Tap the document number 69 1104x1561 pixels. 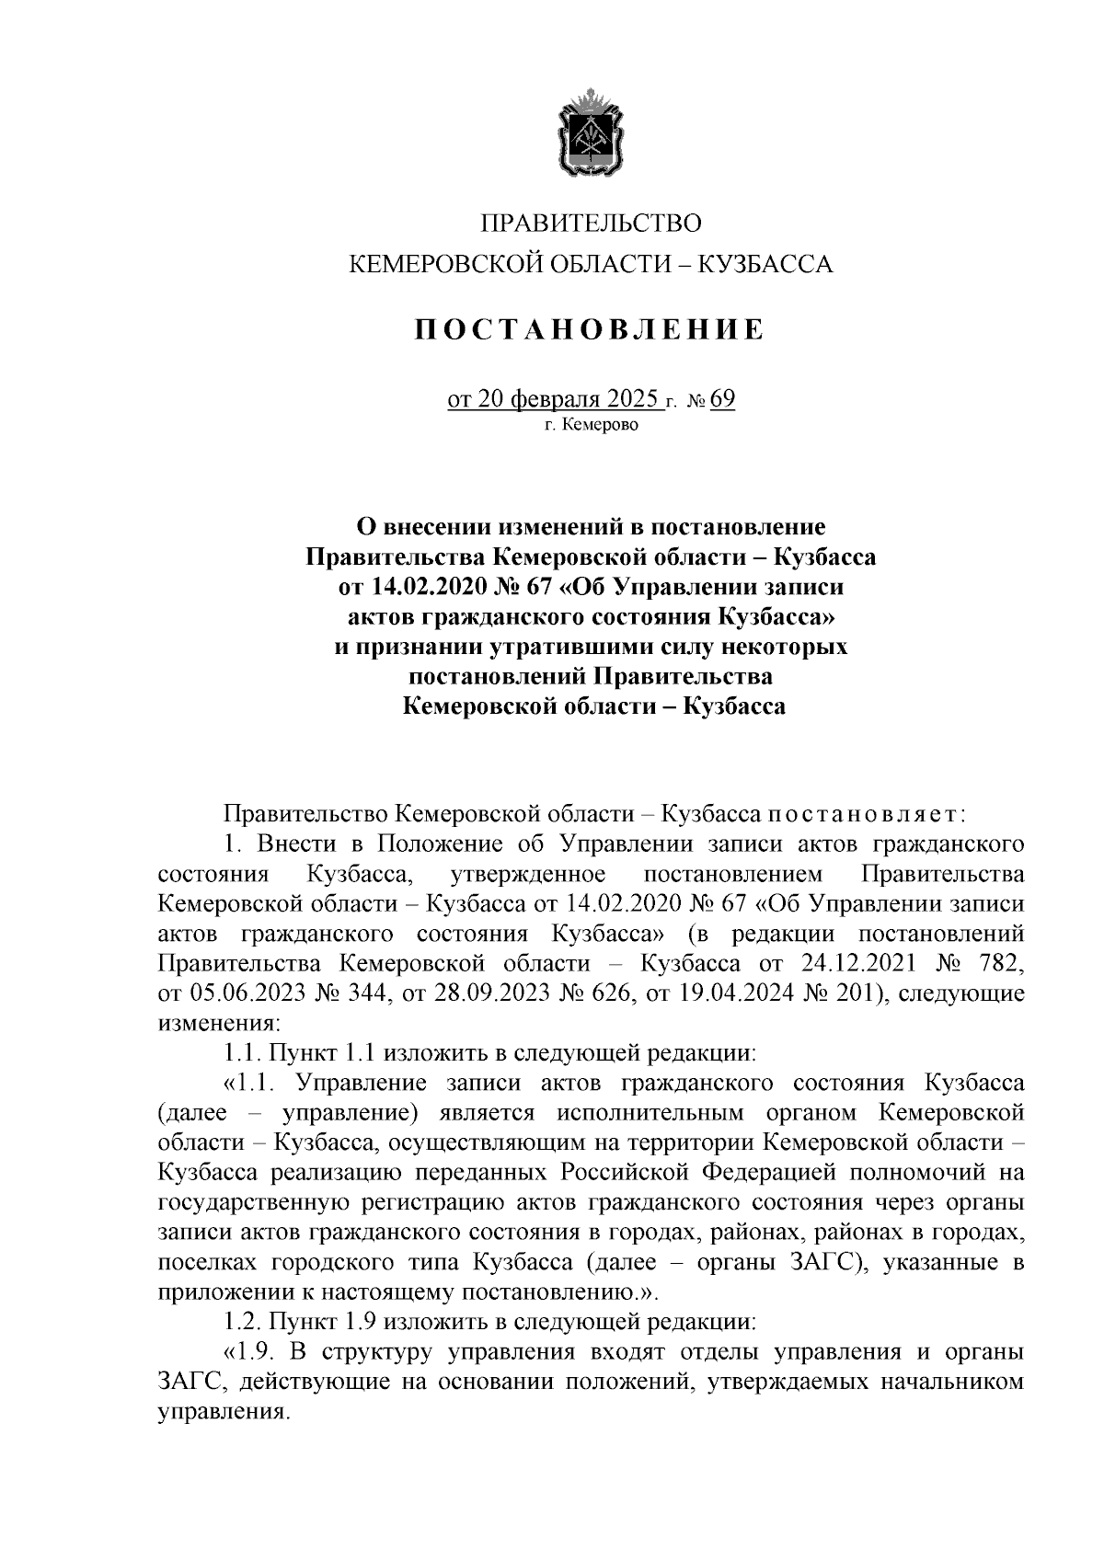pos(722,400)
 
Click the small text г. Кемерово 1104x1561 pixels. pos(590,425)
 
